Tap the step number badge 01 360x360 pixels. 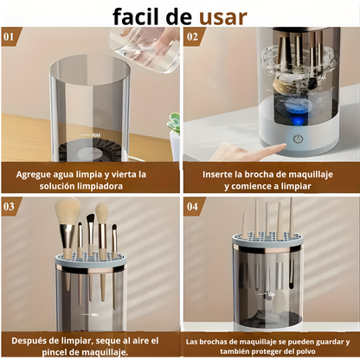coord(10,37)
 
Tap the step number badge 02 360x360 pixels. coord(192,37)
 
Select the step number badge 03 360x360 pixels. coord(10,206)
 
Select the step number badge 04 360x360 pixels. coord(193,206)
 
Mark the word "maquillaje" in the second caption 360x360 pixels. coord(317,173)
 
